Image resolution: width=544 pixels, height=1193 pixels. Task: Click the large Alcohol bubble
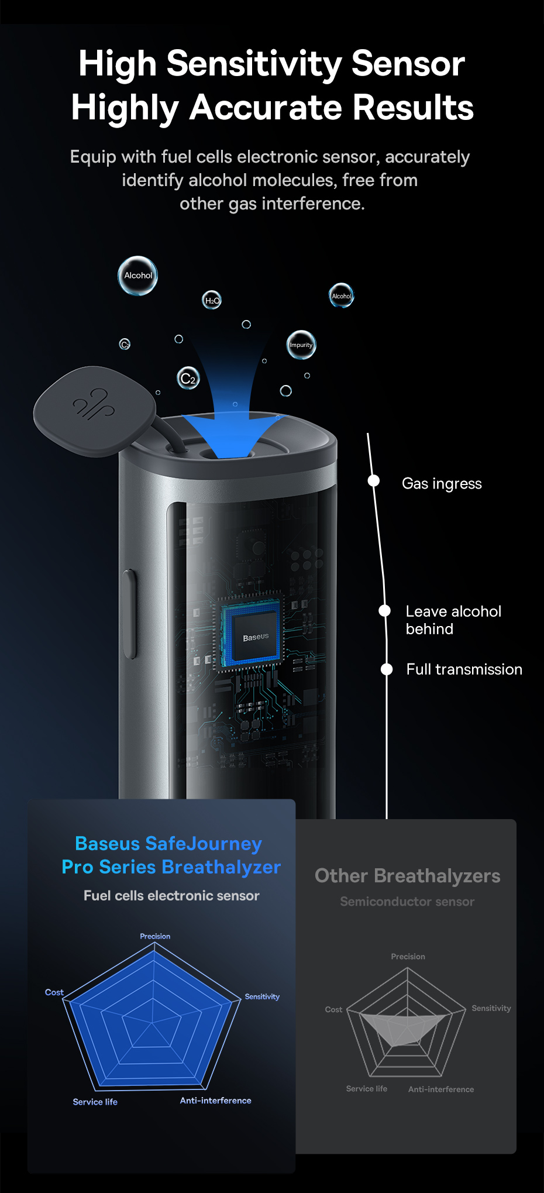(x=138, y=276)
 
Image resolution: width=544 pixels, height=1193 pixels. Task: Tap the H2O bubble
(x=212, y=300)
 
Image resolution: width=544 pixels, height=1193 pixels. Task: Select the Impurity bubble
(x=301, y=345)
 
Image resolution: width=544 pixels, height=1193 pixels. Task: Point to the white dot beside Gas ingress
(x=374, y=481)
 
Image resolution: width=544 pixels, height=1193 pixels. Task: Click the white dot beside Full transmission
(x=387, y=669)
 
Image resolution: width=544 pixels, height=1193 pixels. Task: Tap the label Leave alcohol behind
(x=453, y=620)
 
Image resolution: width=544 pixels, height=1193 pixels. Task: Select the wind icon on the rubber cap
(x=94, y=404)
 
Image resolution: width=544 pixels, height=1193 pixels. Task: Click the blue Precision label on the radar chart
(x=155, y=936)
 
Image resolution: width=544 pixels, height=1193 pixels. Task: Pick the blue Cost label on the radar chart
(x=54, y=992)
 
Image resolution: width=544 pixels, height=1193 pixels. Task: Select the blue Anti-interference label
(x=215, y=1101)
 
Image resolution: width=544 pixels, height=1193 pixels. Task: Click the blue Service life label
(x=95, y=1102)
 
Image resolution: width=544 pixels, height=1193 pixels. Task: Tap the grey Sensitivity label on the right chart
(x=491, y=1008)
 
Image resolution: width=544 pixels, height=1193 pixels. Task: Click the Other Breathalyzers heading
(x=407, y=876)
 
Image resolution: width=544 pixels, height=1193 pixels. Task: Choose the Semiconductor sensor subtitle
(x=407, y=902)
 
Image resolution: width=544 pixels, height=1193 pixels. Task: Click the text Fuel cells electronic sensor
(x=171, y=896)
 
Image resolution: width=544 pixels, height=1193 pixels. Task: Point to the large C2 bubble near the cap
(x=188, y=379)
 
